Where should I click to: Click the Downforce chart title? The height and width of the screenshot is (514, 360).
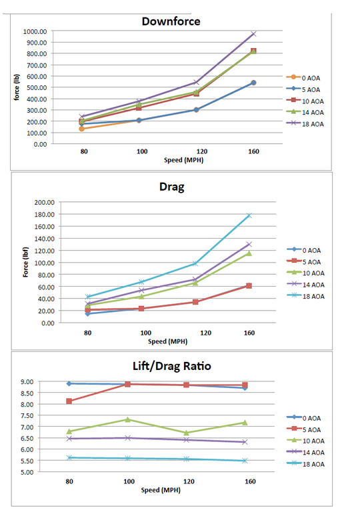tap(171, 21)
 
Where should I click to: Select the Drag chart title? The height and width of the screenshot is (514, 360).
tap(172, 187)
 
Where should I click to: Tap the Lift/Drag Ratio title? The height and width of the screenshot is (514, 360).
tap(172, 366)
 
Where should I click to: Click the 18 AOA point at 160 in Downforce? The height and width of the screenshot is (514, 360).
tap(253, 34)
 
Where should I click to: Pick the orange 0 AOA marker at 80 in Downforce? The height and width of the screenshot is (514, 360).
tap(81, 129)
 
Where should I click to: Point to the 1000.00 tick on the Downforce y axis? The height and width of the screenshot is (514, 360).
tap(35, 31)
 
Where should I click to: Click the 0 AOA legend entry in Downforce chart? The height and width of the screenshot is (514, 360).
tap(303, 78)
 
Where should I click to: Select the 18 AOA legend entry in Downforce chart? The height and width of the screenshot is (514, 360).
tap(305, 123)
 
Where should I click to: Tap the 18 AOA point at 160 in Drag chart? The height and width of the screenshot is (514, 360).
tap(249, 215)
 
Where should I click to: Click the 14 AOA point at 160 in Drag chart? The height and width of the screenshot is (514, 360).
tap(249, 244)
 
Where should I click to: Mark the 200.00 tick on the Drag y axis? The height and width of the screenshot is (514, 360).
tap(44, 202)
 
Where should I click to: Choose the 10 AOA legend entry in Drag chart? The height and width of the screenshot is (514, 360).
tap(305, 273)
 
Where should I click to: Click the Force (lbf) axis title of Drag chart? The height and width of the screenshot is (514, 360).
tap(25, 262)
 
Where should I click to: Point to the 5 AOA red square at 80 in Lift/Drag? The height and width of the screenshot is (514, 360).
tap(69, 401)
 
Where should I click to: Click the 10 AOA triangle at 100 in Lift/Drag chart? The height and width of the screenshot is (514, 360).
tap(128, 419)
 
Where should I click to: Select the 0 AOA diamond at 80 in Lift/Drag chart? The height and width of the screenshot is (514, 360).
tap(69, 383)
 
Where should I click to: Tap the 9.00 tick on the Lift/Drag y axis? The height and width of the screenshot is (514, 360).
tap(27, 381)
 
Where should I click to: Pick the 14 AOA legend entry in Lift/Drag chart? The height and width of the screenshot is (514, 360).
tap(305, 452)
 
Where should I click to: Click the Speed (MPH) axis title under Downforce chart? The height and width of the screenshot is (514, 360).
tap(183, 160)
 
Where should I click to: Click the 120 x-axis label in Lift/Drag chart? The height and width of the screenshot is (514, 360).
tap(189, 481)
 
